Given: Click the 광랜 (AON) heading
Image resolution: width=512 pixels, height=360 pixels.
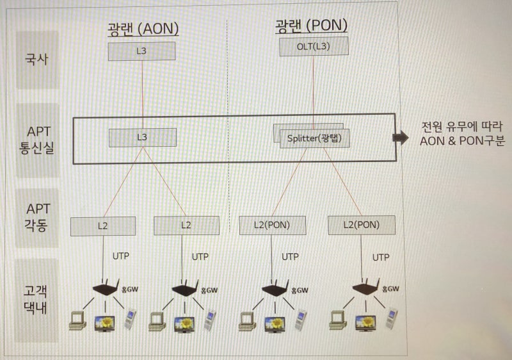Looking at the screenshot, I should (x=143, y=28).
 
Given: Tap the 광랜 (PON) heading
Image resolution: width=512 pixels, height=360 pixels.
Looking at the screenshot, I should (x=311, y=25).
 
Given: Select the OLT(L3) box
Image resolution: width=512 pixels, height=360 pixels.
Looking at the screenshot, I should (x=314, y=47).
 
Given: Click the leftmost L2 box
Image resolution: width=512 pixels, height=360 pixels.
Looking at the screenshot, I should (x=103, y=225).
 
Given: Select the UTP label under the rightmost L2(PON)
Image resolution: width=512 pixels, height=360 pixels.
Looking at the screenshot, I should (x=380, y=257).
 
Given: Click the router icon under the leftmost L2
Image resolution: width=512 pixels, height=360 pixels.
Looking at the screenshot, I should (x=104, y=289).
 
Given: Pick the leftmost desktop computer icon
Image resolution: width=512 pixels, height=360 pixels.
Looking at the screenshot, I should (x=77, y=320).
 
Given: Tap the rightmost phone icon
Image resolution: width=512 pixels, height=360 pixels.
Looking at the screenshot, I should (x=392, y=318).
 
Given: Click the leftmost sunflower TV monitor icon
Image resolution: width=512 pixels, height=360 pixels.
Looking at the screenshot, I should (x=104, y=322).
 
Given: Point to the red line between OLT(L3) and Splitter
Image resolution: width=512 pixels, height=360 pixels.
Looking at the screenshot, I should (x=314, y=90).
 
